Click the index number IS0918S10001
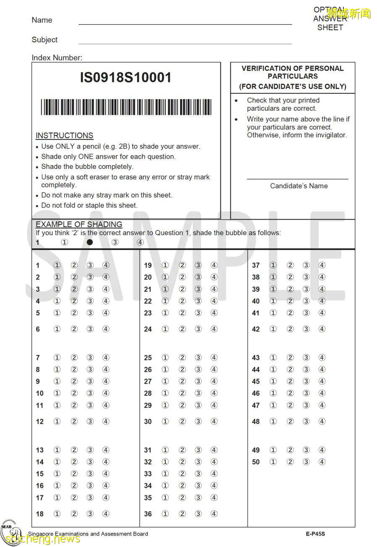[x=126, y=78]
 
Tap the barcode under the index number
[x=126, y=107]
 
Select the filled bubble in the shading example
[x=89, y=242]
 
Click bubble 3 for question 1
[x=90, y=265]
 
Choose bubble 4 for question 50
[x=322, y=462]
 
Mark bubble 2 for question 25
[x=182, y=358]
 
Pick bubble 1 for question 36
[x=165, y=514]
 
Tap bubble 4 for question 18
[x=106, y=514]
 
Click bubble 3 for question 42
[x=306, y=329]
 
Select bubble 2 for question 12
[x=74, y=421]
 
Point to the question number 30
[x=148, y=422]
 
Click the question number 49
[x=256, y=450]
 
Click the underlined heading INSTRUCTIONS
[x=64, y=136]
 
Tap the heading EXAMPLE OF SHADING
[x=79, y=224]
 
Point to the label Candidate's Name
[x=298, y=186]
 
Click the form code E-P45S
[x=315, y=534]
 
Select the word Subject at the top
[x=45, y=40]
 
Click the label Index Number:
[x=57, y=58]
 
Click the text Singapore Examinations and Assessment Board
[x=88, y=534]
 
